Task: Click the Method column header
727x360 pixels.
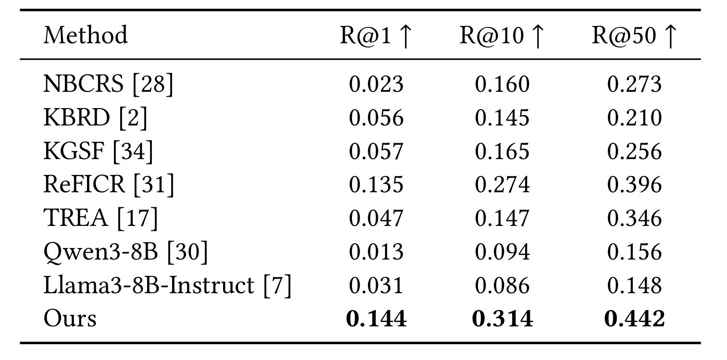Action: point(86,35)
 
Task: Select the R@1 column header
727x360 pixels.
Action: point(376,36)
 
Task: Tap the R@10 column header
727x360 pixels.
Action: point(502,36)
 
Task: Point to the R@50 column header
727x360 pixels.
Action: point(635,36)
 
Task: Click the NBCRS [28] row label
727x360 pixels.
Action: point(108,84)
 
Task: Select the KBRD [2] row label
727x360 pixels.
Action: point(95,117)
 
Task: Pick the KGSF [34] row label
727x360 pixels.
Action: point(98,151)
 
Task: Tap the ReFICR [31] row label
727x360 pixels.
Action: point(109,185)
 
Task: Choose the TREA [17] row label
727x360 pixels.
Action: point(100,218)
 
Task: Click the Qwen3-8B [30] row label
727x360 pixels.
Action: point(125,252)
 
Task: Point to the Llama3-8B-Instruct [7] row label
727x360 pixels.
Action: point(167,285)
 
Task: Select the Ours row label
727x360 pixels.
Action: point(70,318)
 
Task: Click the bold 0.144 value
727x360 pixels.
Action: point(376,319)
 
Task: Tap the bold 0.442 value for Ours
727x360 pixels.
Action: point(635,319)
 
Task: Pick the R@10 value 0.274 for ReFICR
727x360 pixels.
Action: point(502,185)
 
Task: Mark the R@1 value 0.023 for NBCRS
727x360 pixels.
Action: point(376,84)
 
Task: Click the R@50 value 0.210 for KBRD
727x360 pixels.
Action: point(635,117)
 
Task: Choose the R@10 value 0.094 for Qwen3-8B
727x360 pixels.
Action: point(502,252)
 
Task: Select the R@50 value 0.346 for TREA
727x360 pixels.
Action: point(635,218)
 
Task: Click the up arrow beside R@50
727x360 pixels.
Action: point(671,37)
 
